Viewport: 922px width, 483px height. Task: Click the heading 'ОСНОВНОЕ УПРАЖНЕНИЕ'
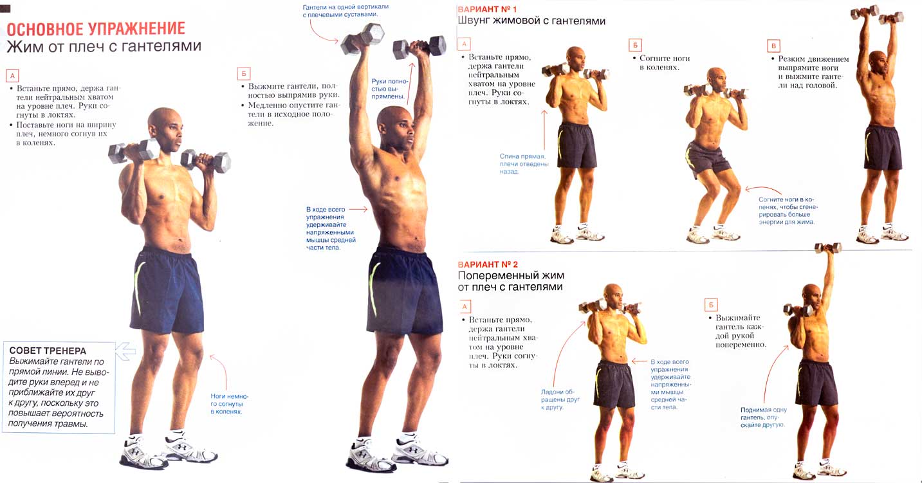[96, 29]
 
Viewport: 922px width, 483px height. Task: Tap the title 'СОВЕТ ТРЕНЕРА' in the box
[48, 351]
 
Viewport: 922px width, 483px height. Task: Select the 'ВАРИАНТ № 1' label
[487, 9]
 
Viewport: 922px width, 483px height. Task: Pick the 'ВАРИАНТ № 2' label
[488, 264]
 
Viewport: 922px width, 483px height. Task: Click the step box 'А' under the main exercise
[12, 76]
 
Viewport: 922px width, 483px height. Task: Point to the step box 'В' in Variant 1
[773, 46]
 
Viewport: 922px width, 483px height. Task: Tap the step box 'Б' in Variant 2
[711, 305]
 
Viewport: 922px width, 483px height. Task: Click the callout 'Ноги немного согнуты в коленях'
[229, 404]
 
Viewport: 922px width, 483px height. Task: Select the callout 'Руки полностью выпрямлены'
[390, 89]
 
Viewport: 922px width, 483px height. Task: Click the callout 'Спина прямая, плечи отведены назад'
[524, 164]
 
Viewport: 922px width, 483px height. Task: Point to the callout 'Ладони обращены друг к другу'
[560, 399]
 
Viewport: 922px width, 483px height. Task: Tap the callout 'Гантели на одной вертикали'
[346, 11]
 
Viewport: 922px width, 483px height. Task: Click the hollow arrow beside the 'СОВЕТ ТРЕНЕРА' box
[125, 352]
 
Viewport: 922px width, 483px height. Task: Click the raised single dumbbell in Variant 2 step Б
[828, 248]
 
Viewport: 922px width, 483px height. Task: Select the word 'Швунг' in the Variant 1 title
[474, 21]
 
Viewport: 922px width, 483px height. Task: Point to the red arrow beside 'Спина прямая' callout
[544, 130]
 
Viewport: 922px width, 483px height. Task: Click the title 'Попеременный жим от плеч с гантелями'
[511, 281]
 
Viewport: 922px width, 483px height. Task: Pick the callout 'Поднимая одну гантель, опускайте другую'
[764, 417]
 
